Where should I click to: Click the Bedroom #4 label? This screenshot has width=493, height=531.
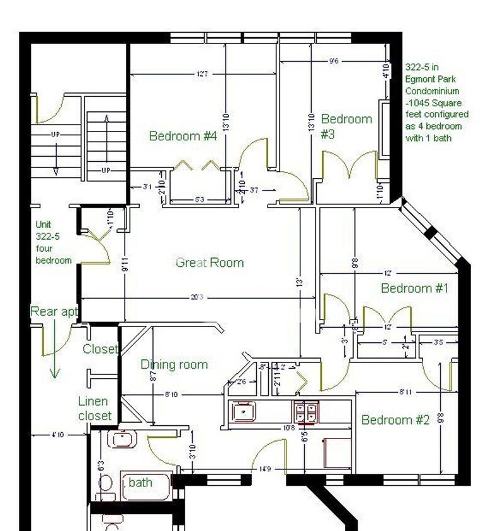click(x=183, y=136)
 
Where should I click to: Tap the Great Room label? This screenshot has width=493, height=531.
click(x=209, y=262)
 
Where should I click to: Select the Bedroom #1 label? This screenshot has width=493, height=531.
click(x=414, y=288)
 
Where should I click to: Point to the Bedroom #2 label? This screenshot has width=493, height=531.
click(x=395, y=420)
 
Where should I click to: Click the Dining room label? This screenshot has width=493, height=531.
click(x=174, y=364)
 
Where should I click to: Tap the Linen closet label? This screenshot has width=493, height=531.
click(x=94, y=408)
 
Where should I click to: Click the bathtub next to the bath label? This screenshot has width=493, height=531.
click(x=146, y=484)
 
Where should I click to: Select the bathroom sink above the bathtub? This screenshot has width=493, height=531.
click(x=122, y=438)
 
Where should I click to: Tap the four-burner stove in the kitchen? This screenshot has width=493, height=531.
click(x=306, y=412)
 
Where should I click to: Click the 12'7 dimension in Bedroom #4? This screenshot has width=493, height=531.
click(x=201, y=74)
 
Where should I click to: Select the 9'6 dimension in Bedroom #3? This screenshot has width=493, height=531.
click(x=334, y=61)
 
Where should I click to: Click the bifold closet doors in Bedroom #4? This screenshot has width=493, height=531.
click(x=196, y=166)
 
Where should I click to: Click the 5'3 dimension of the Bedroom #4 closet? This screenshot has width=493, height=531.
click(x=199, y=200)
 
